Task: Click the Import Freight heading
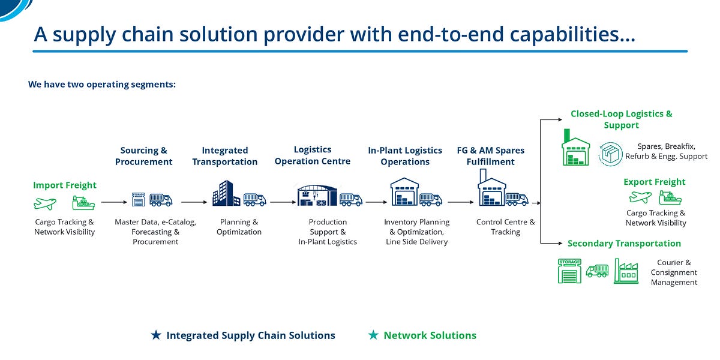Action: (64, 185)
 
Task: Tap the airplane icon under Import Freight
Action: (45, 204)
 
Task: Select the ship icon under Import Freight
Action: (83, 203)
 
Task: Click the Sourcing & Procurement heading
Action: (143, 156)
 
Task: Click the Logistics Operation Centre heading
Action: (312, 155)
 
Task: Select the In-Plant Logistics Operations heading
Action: (405, 156)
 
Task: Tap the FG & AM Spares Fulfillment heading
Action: (491, 156)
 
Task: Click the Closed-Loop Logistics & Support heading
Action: (621, 119)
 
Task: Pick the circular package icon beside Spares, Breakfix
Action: (611, 153)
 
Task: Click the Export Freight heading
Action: (654, 182)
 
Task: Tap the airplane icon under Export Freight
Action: (640, 197)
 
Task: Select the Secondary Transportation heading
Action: (624, 244)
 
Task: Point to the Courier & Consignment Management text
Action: (674, 272)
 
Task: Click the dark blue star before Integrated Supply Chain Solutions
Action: (156, 335)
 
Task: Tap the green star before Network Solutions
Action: (373, 335)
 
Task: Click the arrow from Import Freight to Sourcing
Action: (113, 203)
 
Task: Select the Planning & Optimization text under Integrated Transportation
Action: (239, 227)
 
